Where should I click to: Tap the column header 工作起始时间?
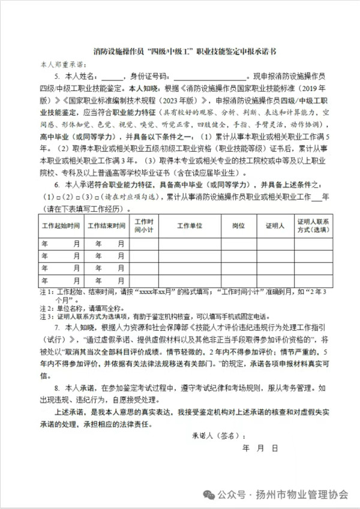coord(61,226)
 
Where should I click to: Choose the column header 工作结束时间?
coord(106,226)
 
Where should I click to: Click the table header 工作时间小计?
coord(144,226)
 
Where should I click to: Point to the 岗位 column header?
coord(238,226)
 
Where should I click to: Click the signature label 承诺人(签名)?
coord(218,434)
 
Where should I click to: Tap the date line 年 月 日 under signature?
coord(260,448)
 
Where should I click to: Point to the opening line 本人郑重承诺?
coord(64,63)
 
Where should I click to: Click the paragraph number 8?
coord(56,388)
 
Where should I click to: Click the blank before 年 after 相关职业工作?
coord(316,196)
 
